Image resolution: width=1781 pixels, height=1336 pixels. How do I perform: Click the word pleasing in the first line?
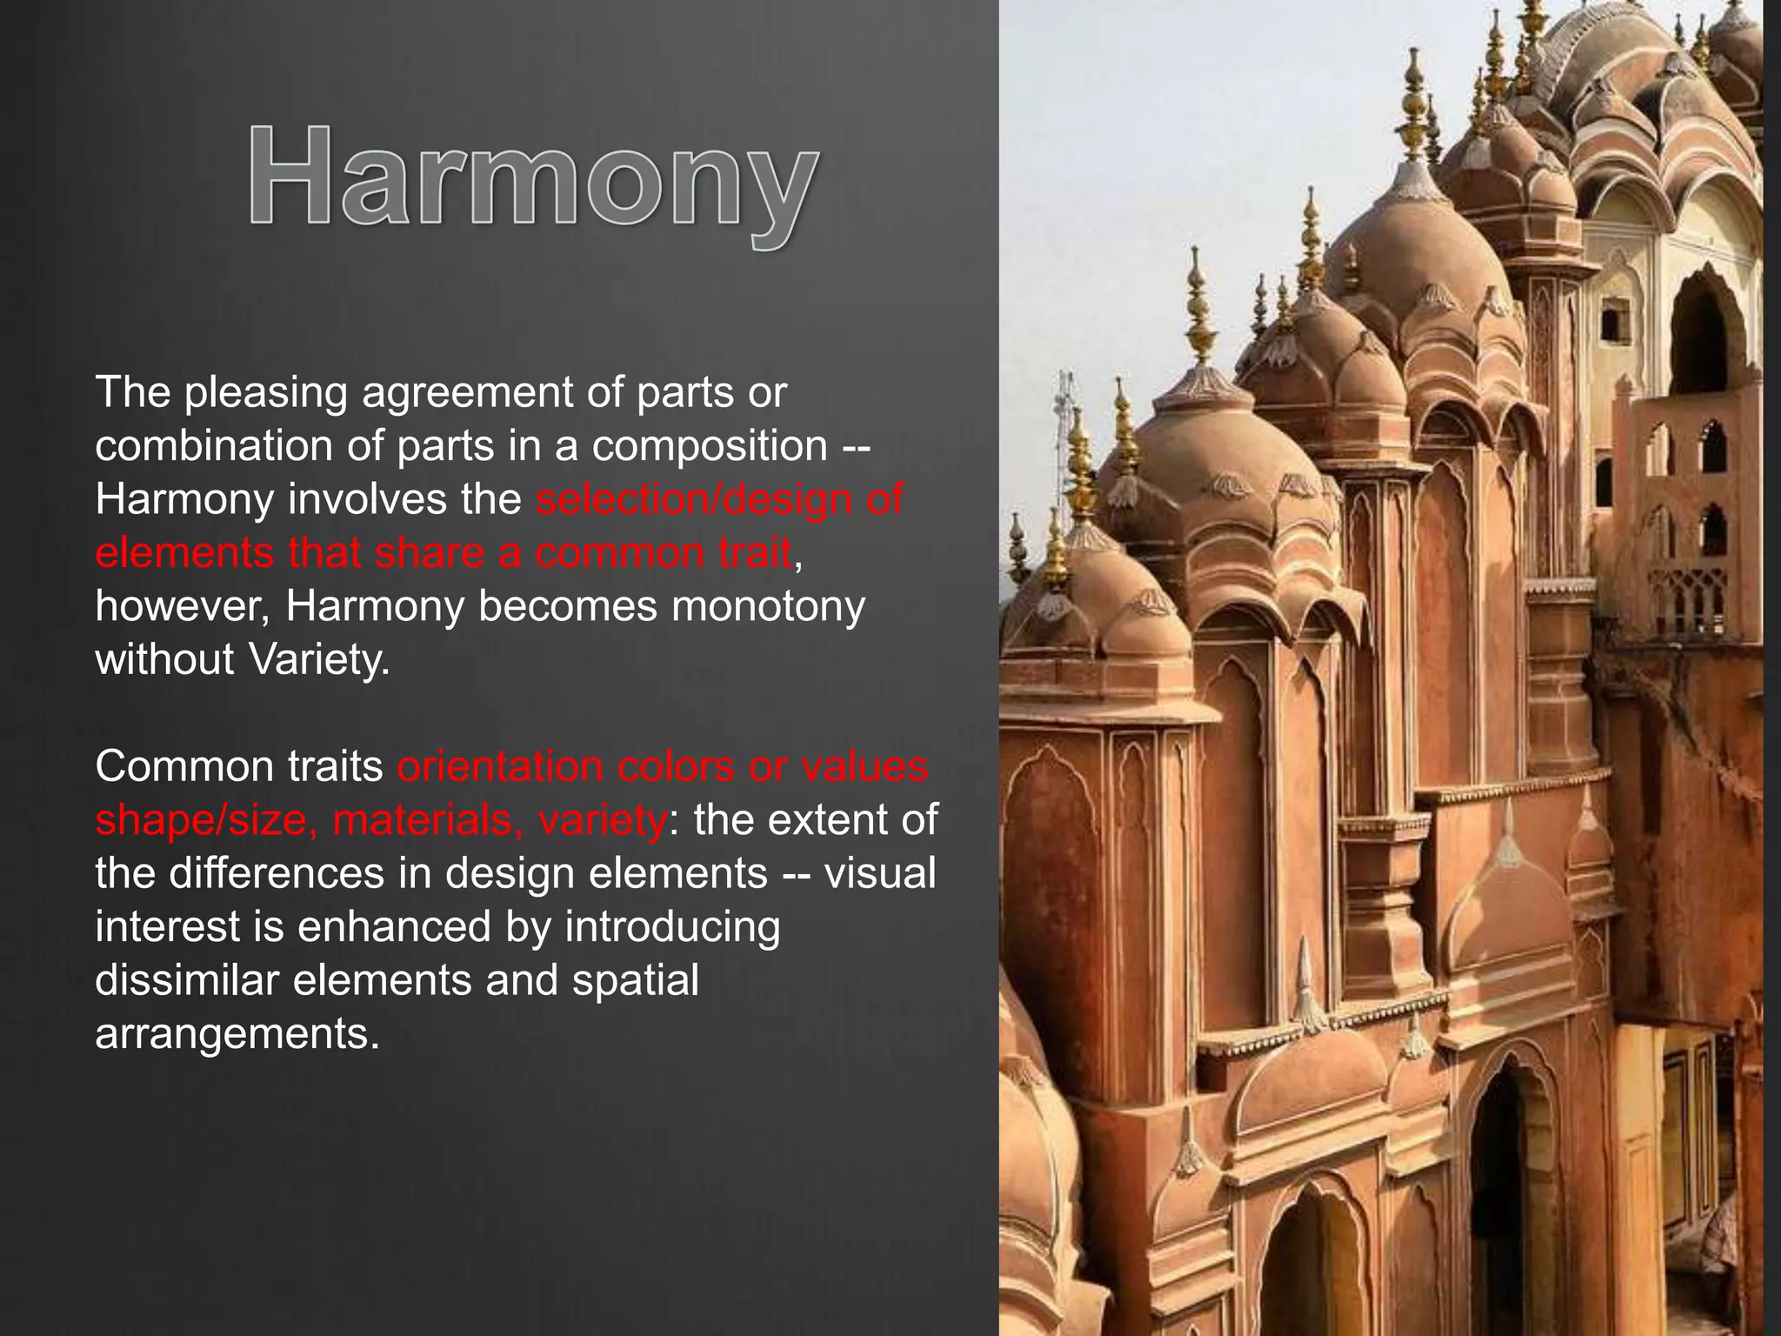pos(265,393)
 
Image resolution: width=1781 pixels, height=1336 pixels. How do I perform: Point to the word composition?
pos(709,446)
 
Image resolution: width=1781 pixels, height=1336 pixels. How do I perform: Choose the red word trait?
pos(750,553)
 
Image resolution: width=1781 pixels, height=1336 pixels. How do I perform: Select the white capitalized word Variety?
pos(319,660)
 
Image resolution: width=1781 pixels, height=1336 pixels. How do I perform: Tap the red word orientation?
pos(500,767)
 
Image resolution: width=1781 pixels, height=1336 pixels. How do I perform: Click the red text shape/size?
pos(205,820)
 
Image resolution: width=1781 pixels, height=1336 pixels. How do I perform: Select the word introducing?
pos(672,927)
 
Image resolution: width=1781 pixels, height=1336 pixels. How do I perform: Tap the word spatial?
pos(635,980)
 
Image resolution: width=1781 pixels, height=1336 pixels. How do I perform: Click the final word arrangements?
pos(237,1034)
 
